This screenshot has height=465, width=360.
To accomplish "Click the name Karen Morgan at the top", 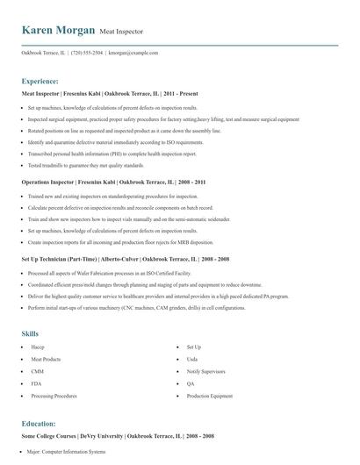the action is (x=58, y=30).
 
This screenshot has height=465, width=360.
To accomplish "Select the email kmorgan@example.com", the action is (x=133, y=53).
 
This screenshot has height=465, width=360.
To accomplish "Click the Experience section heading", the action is (x=40, y=80).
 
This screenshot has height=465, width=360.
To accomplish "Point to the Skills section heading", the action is (x=30, y=333).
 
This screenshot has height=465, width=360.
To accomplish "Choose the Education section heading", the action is (x=39, y=423).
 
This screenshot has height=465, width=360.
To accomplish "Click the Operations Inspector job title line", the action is (x=113, y=182).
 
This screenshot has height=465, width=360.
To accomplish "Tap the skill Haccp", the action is (x=38, y=347).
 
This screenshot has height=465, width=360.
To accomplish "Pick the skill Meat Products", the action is (x=46, y=360).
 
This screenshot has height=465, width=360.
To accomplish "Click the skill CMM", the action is (x=37, y=372).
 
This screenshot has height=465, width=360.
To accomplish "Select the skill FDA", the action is (x=36, y=384).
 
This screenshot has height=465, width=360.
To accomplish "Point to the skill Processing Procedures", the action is (x=54, y=397).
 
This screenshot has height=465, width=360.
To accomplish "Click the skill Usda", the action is (x=192, y=360).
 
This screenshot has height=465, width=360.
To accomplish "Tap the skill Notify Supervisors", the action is (x=205, y=372).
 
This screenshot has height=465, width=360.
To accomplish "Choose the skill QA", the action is (x=191, y=384).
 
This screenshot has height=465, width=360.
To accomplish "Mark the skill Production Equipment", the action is (x=210, y=397).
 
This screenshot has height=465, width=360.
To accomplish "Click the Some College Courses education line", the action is (x=118, y=436).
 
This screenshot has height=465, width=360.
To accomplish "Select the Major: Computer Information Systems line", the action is (x=66, y=452).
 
